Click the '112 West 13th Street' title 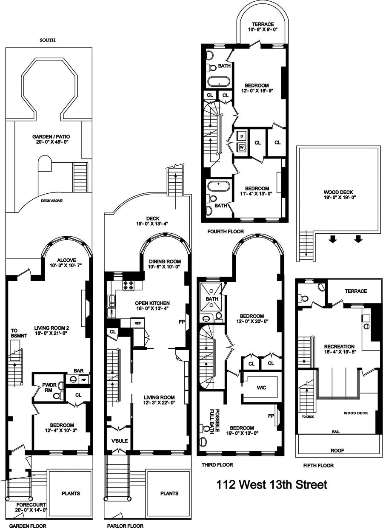[x=272, y=485]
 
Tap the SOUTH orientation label [x=48, y=40]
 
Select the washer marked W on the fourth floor [x=242, y=147]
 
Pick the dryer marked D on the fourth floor [x=242, y=136]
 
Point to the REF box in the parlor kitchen [x=137, y=323]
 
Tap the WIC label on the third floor [x=261, y=388]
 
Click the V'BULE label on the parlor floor [x=120, y=441]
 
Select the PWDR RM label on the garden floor [x=49, y=388]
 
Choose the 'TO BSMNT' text [x=16, y=333]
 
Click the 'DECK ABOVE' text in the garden [x=52, y=201]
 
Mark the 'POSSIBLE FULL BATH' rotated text [x=214, y=422]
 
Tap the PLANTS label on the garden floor [x=71, y=494]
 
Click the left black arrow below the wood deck [x=333, y=240]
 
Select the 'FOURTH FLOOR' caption [x=226, y=232]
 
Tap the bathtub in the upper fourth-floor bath [x=219, y=82]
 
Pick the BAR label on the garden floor [x=79, y=371]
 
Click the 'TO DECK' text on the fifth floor [x=308, y=417]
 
